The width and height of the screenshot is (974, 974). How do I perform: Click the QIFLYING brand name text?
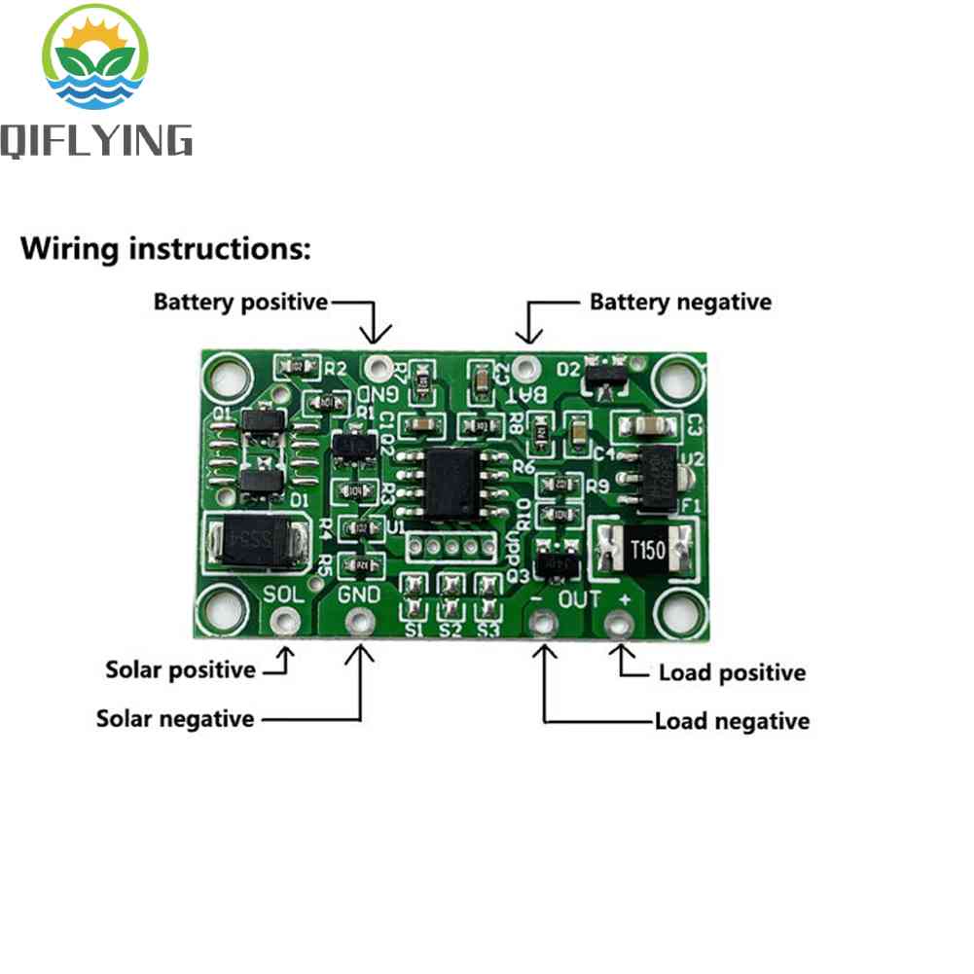tap(95, 139)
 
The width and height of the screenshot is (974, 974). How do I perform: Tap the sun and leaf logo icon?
tap(94, 60)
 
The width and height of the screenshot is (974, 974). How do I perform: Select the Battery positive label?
tap(240, 302)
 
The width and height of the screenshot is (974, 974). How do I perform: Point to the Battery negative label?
tap(680, 302)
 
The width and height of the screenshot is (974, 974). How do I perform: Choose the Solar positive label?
tap(180, 669)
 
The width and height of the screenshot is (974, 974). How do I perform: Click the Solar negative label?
tap(175, 719)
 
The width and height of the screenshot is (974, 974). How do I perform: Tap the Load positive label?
tap(732, 672)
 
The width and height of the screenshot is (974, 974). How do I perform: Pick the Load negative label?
tap(732, 721)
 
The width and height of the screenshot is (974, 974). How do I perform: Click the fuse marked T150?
tap(645, 550)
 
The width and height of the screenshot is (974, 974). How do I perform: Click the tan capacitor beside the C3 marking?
tap(645, 425)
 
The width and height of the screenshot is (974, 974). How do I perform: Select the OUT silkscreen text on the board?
tap(580, 598)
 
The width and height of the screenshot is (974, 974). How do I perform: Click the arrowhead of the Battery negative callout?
tap(528, 336)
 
